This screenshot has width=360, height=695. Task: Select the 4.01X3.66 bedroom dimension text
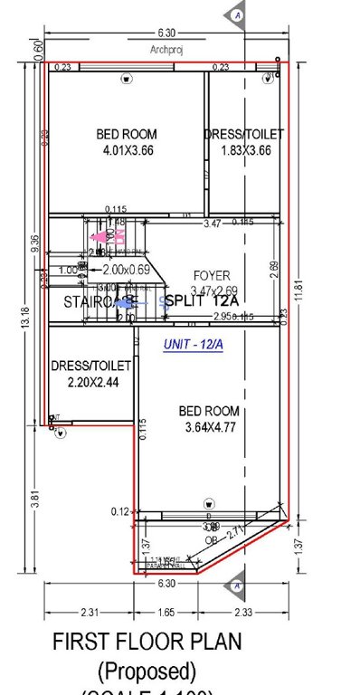[126, 149]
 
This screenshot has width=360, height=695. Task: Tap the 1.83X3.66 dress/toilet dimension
[245, 149]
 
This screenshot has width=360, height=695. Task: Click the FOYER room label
[212, 275]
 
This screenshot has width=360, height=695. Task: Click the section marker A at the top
[237, 15]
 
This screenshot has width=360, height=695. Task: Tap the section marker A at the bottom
[237, 586]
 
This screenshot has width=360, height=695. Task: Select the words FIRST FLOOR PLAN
[147, 642]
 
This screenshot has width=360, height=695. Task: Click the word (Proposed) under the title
[147, 671]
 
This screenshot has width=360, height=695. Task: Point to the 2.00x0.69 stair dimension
[126, 270]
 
